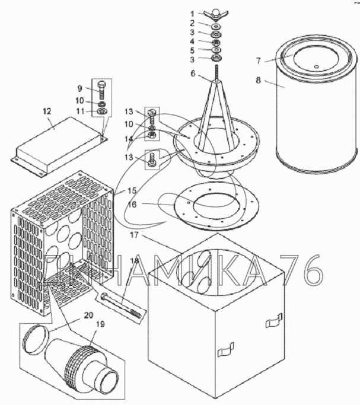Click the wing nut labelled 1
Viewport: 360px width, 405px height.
216,15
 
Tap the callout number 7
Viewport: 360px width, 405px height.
259,61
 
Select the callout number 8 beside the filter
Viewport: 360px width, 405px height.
259,80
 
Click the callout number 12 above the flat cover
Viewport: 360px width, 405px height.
47,111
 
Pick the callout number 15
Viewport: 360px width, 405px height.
132,190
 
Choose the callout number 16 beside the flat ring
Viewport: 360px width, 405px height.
132,205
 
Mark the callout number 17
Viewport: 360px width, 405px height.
134,235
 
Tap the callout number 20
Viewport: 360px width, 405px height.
88,315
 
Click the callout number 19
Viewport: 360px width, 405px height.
100,324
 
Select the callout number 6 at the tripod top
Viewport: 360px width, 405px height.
193,74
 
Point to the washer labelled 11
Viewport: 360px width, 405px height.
103,111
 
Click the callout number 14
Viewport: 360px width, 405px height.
129,139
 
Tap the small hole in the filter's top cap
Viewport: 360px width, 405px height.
317,66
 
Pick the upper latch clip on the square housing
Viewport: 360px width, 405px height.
274,320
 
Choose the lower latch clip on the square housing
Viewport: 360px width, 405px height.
226,350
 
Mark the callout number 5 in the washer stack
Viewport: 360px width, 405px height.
192,50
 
